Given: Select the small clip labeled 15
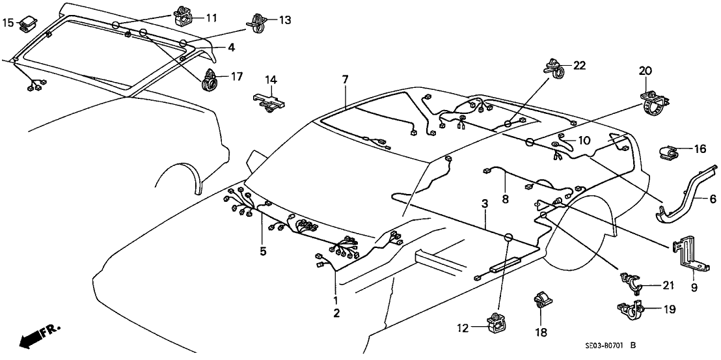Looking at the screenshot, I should point(29,23).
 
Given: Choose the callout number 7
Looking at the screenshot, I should point(346,79).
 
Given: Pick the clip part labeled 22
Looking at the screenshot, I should point(554,67).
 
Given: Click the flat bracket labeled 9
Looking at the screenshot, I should point(688,255).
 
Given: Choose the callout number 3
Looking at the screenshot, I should point(485,204).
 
